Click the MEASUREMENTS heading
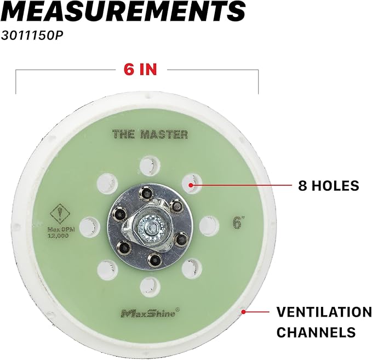tap(123, 10)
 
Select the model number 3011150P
tap(32, 36)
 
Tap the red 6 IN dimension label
tap(140, 69)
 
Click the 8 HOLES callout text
tap(329, 185)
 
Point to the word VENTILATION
tap(324, 312)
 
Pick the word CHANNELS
tap(316, 332)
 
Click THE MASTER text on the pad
tap(150, 134)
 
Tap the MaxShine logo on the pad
tap(150, 312)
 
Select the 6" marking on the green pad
tap(238, 222)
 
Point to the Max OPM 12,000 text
tap(61, 232)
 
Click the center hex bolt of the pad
tap(151, 227)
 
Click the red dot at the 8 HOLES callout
tap(191, 185)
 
